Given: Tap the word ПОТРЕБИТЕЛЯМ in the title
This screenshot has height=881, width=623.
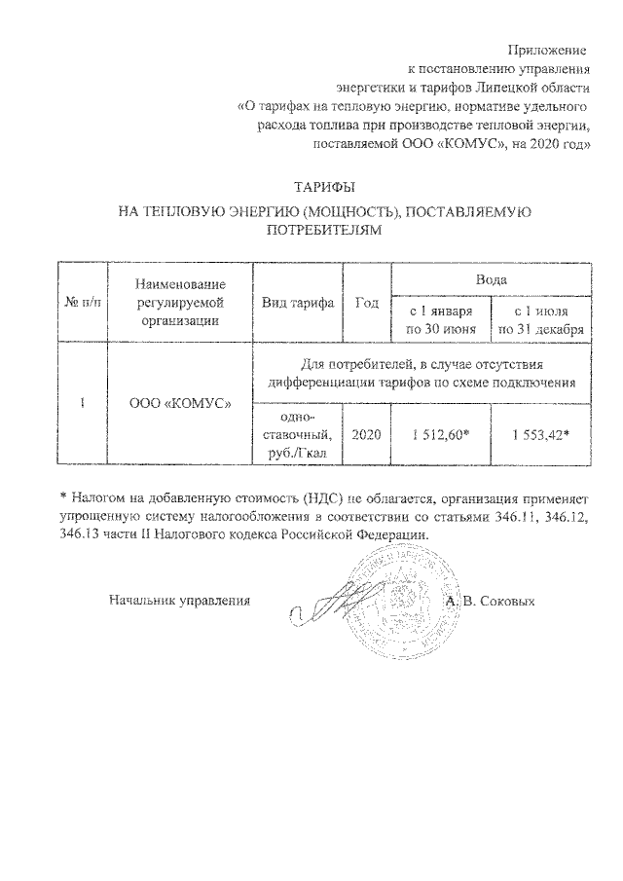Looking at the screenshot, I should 322,232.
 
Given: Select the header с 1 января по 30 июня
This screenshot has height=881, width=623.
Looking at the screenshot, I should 441,320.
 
